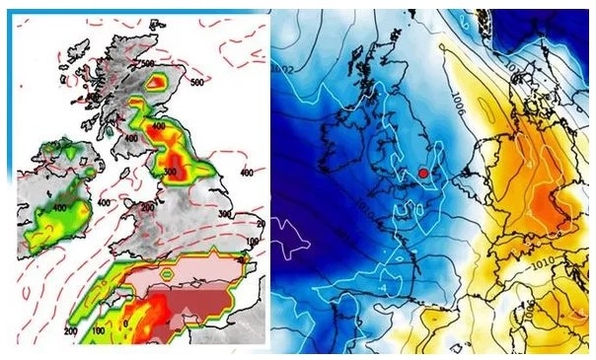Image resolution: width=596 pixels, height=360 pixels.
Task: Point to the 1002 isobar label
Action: click(x=287, y=69)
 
